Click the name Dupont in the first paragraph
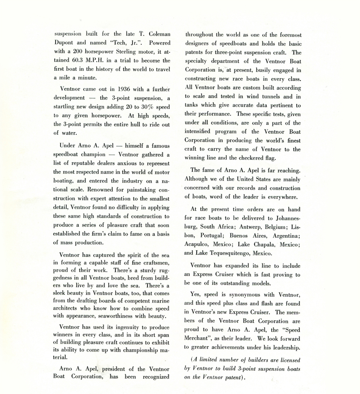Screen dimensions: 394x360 [x=64, y=43]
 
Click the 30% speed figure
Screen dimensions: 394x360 [x=147, y=107]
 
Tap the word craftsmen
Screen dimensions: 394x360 [x=156, y=262]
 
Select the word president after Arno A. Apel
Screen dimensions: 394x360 [x=111, y=369]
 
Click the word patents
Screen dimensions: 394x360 [x=196, y=52]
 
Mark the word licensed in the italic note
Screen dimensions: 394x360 [x=289, y=360]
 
